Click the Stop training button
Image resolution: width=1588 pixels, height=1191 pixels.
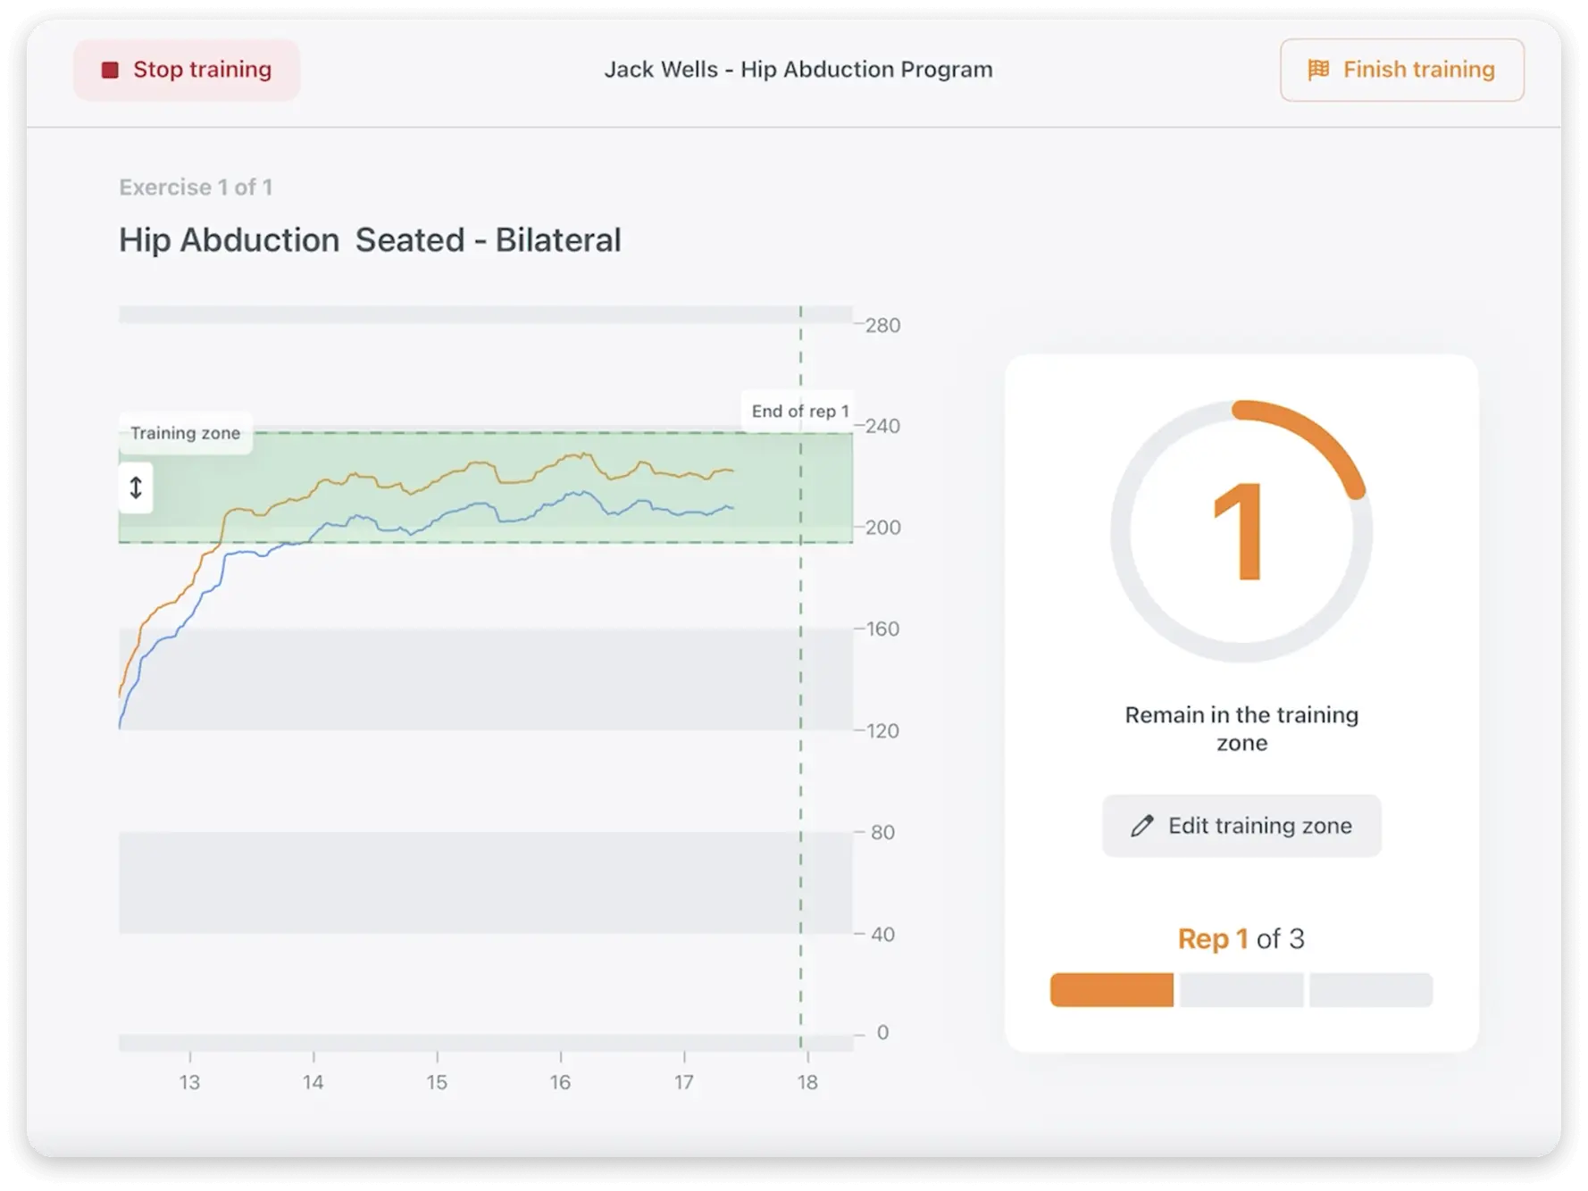[x=187, y=70]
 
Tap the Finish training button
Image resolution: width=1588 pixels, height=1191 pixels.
[x=1401, y=70]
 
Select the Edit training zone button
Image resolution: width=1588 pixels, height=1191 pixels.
[x=1241, y=826]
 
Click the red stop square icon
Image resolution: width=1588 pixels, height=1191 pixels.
[x=110, y=71]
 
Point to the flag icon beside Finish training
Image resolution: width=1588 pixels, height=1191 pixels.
[x=1318, y=70]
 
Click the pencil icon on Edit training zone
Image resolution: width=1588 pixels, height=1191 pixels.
[x=1141, y=826]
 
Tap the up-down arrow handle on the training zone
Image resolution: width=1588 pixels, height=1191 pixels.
[x=136, y=487]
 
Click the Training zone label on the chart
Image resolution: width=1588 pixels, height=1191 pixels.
[x=186, y=433]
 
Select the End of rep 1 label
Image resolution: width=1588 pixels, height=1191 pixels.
[x=799, y=411]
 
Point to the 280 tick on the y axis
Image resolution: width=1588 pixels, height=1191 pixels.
[x=882, y=325]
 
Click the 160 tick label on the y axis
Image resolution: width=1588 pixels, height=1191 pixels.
[x=882, y=629]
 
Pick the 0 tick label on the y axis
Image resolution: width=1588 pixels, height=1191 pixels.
[x=882, y=1033]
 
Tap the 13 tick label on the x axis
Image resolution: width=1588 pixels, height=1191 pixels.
[x=189, y=1082]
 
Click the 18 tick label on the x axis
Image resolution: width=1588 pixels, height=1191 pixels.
[x=807, y=1082]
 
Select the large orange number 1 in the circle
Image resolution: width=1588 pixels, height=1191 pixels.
[x=1239, y=532]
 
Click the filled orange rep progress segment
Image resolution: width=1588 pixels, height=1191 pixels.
[x=1112, y=990]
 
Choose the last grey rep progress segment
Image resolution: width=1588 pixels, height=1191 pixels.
[x=1371, y=990]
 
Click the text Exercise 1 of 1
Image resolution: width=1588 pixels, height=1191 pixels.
[x=196, y=187]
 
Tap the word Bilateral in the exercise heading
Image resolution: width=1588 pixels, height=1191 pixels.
[x=558, y=240]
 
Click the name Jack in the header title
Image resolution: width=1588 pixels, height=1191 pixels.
[x=624, y=70]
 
